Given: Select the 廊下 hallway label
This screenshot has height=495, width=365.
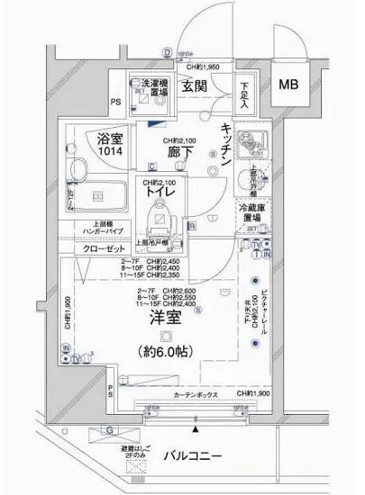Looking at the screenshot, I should [x=177, y=153].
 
